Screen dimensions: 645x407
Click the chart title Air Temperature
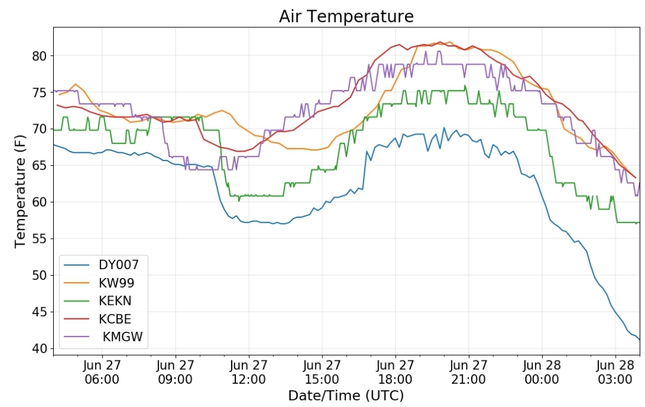[346, 17]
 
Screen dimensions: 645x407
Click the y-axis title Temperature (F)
[20, 192]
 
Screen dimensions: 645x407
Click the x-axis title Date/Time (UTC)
[346, 396]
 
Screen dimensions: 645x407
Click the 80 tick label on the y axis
[39, 56]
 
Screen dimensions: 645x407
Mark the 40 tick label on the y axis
[39, 349]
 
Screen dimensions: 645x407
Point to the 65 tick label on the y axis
[39, 166]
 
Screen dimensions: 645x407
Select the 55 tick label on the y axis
[39, 239]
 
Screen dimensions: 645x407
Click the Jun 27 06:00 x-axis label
[102, 372]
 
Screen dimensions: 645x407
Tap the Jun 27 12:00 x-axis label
[248, 372]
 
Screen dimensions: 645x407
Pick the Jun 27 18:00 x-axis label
[395, 372]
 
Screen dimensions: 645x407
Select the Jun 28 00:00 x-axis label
[542, 372]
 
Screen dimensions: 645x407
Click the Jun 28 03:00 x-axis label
[615, 372]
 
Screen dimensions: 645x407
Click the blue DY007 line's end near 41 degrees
[640, 340]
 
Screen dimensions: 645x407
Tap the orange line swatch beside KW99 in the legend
[76, 283]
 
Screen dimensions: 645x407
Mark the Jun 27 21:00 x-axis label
[469, 372]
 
